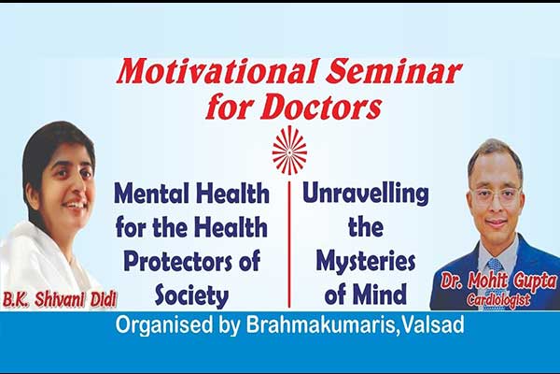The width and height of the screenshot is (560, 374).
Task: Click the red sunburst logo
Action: (289, 151)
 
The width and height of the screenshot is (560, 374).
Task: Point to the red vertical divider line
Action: (289, 245)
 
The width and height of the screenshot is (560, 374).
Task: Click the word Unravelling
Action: (365, 194)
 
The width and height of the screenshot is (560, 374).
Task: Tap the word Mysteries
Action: (365, 261)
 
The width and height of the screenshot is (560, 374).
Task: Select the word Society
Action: (191, 295)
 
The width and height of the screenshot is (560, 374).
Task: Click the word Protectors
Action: (175, 261)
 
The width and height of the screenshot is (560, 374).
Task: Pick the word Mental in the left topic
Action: (152, 194)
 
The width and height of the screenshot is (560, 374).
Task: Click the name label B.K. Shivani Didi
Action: (60, 300)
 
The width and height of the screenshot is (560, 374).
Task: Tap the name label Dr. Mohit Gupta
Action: (498, 280)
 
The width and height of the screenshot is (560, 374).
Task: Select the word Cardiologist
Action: (498, 300)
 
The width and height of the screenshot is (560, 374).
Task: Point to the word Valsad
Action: (432, 325)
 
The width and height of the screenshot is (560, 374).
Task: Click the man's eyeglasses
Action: (496, 194)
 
